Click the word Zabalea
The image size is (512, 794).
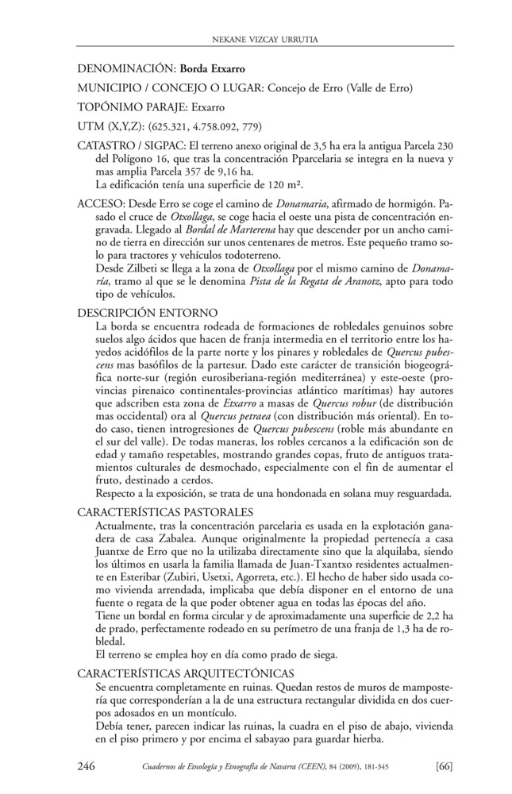[x=173, y=539]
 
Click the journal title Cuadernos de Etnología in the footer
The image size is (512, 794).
[x=182, y=767]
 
